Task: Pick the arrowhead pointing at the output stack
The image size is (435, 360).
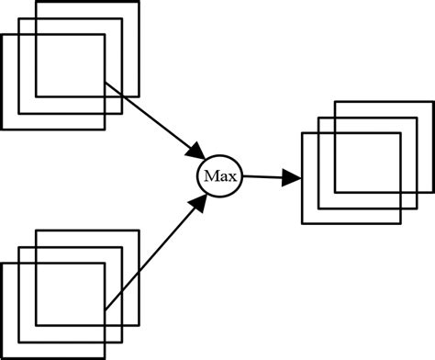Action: point(291,177)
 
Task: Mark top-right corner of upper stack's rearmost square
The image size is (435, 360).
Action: point(139,3)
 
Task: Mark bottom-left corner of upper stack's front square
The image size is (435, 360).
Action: point(3,128)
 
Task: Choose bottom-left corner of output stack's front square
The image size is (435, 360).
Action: point(302,224)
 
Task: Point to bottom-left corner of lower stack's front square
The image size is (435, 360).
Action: point(3,357)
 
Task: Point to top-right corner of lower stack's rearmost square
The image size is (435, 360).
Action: point(139,231)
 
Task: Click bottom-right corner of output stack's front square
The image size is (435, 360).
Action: point(400,224)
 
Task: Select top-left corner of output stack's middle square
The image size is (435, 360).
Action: point(318,118)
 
